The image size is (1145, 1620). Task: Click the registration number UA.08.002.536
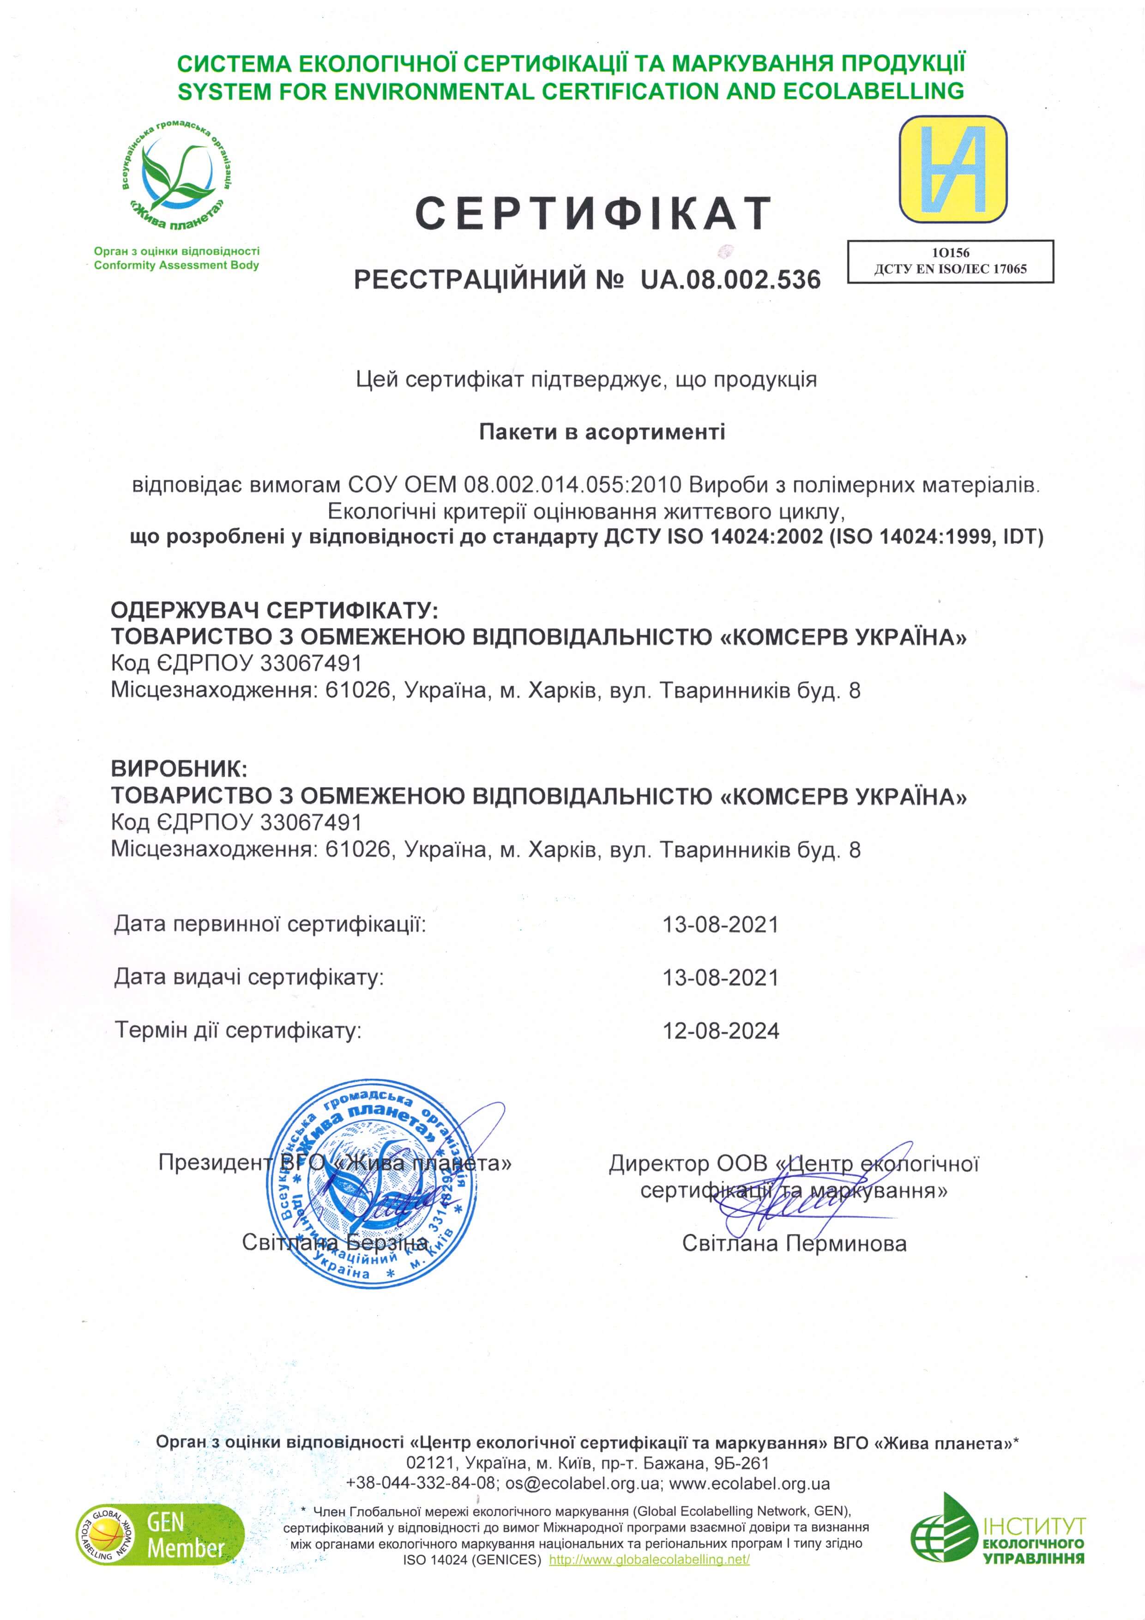[x=730, y=280]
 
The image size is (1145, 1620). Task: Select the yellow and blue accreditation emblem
[x=952, y=170]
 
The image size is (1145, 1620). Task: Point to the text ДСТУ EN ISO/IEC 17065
[x=950, y=269]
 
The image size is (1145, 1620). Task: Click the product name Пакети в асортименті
[x=602, y=431]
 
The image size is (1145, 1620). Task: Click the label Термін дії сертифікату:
[x=238, y=1031]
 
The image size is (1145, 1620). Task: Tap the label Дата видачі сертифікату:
[x=249, y=977]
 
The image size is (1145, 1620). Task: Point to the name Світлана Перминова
[x=794, y=1243]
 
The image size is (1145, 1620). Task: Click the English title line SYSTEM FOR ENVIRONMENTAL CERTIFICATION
[x=570, y=91]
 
